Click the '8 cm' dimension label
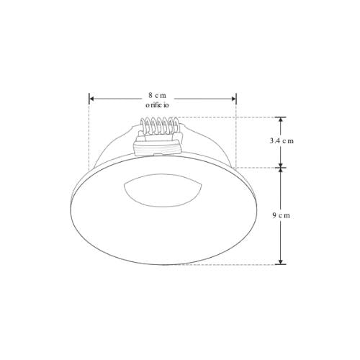tap(158, 95)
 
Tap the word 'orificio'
tap(158, 105)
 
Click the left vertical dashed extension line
tap(89, 137)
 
